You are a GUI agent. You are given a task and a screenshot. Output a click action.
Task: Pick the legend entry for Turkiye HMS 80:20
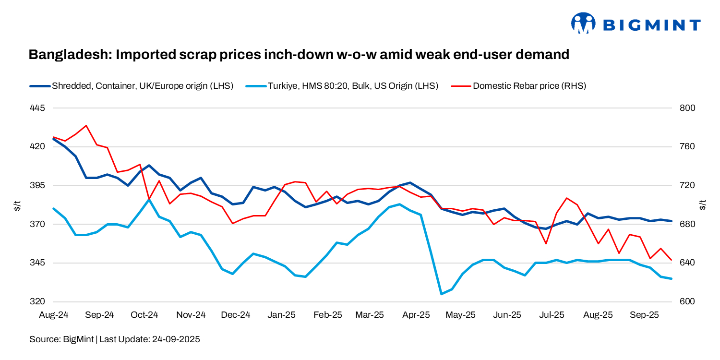click(352, 86)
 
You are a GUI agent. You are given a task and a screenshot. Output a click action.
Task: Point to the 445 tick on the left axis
click(37, 108)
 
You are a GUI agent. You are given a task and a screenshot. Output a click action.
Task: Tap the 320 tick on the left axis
click(37, 302)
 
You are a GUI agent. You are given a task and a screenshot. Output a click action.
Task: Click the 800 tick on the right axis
click(688, 108)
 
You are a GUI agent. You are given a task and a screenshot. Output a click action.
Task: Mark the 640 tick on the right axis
click(688, 263)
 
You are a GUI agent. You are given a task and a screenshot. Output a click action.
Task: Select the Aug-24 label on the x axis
click(53, 315)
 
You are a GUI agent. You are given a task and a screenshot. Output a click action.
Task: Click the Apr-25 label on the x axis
click(416, 315)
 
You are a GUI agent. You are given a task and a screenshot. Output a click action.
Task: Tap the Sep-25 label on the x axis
click(644, 315)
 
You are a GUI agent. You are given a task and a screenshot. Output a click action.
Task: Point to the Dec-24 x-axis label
click(235, 315)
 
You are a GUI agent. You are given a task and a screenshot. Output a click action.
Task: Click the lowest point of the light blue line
click(441, 294)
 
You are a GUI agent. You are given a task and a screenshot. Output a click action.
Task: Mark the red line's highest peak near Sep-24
click(86, 126)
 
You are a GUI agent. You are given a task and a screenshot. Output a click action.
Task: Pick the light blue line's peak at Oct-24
click(149, 199)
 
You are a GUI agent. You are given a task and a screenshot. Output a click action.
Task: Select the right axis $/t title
click(703, 205)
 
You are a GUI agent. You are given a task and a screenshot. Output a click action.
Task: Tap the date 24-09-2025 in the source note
click(176, 339)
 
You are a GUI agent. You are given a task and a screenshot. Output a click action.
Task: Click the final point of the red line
click(671, 260)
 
